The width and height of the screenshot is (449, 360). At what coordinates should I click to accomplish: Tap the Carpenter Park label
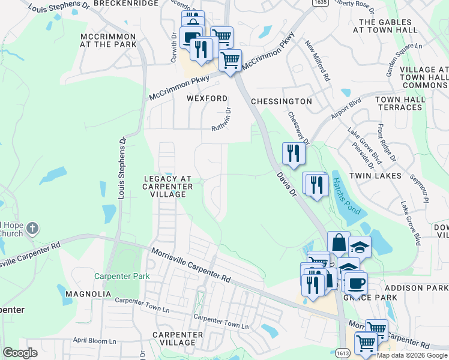point(121,277)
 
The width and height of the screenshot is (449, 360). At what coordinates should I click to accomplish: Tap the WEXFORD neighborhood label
point(207,98)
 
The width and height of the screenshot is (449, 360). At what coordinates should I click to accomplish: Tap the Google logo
point(20,353)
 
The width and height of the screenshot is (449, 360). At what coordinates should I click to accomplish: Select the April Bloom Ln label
point(94,341)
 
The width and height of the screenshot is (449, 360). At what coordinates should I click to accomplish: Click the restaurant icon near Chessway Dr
point(294,154)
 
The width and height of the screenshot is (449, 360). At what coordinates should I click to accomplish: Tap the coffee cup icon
point(356,283)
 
